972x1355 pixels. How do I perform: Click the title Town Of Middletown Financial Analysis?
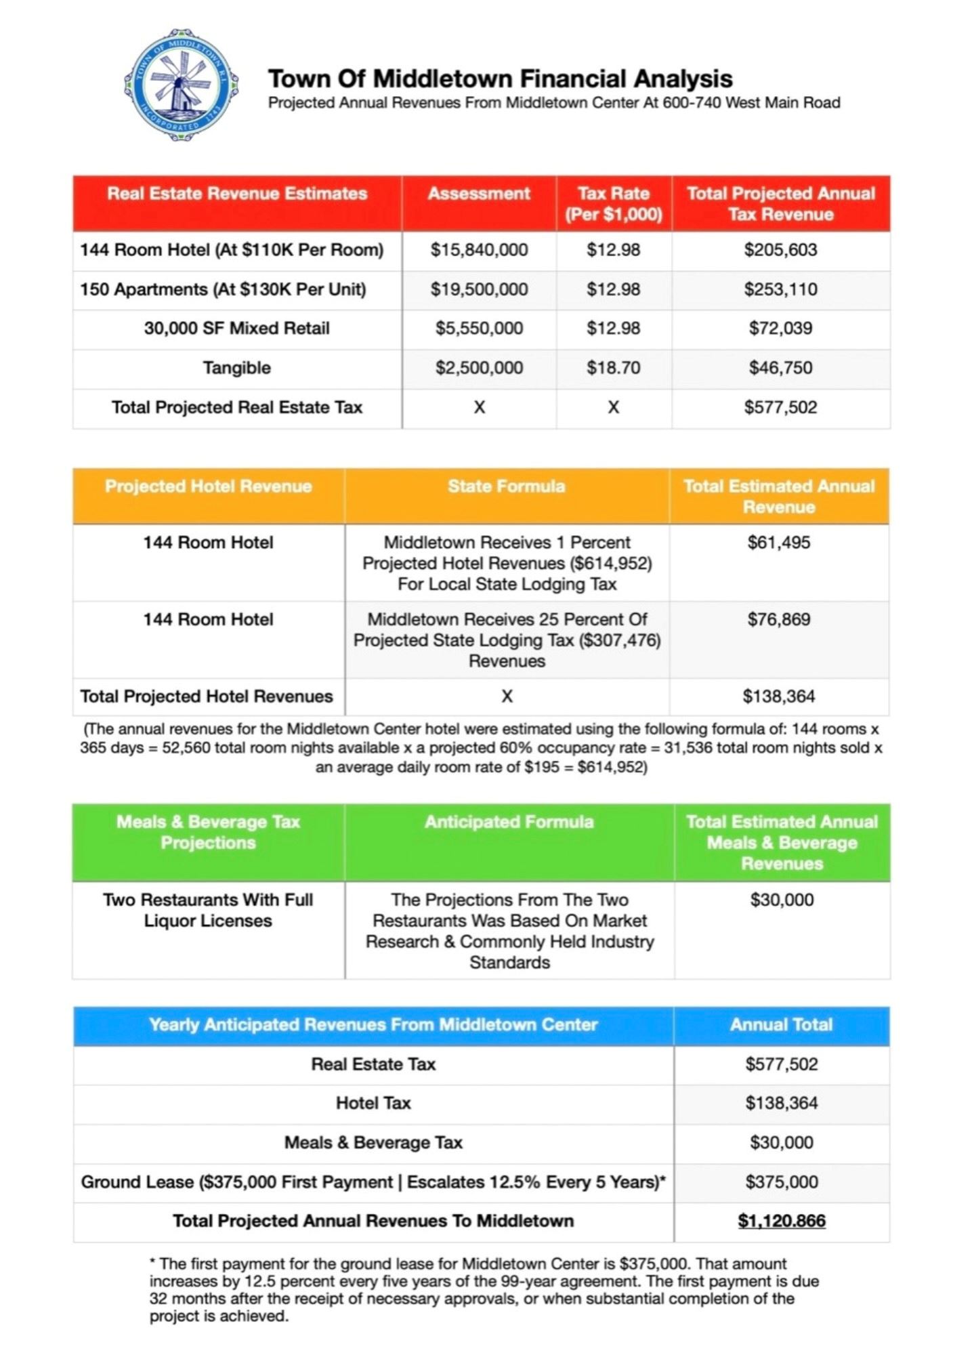(500, 79)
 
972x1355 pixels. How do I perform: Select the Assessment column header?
(478, 194)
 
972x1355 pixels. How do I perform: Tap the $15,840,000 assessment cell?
(479, 250)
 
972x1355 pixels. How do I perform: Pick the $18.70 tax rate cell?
(613, 368)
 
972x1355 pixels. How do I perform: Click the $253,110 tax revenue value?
(780, 289)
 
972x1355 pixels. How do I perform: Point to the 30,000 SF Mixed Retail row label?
(236, 329)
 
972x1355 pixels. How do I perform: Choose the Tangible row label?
(236, 368)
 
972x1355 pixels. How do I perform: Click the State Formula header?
(506, 486)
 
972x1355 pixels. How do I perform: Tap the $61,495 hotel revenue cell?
(779, 543)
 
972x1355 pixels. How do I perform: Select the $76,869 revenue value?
(779, 619)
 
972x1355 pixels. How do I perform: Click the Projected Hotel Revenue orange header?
(208, 486)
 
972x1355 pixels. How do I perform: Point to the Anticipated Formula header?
(509, 822)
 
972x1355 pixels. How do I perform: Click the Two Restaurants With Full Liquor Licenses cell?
(208, 910)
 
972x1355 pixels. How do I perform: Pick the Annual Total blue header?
(781, 1024)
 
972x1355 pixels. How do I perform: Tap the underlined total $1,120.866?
(781, 1221)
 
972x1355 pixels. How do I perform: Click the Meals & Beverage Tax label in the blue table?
(373, 1142)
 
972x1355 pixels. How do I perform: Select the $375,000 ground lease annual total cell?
(781, 1182)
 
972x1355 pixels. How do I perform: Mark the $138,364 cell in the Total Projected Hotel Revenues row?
(779, 696)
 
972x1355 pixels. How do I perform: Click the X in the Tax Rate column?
(613, 407)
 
